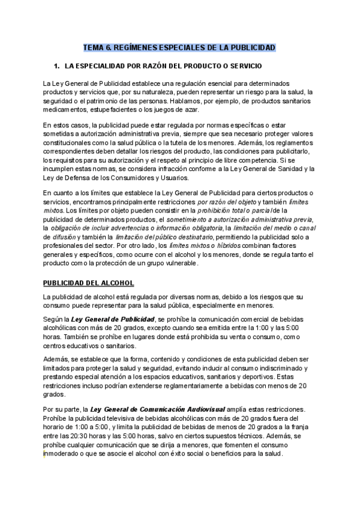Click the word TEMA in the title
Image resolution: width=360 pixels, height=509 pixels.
click(93, 47)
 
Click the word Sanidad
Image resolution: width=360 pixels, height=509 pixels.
click(285, 169)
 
